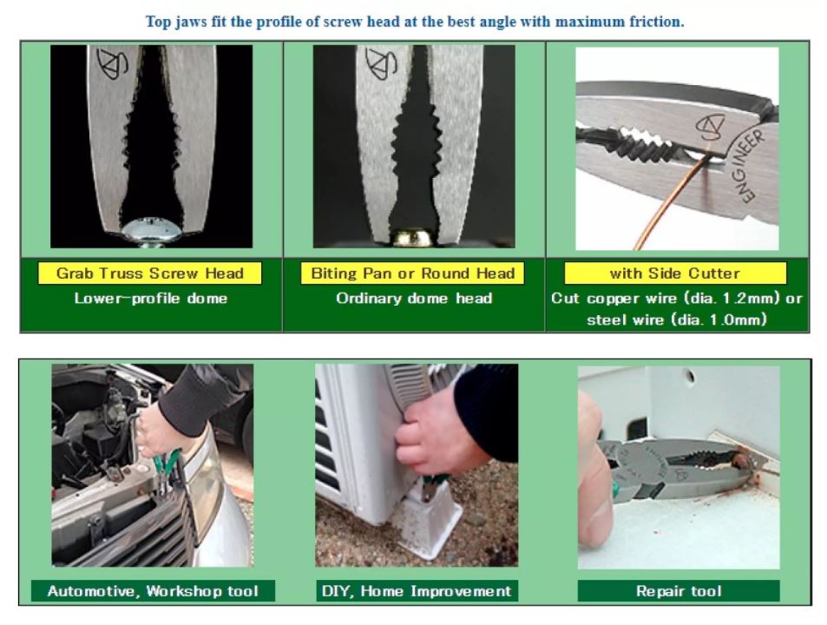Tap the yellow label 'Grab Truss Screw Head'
[x=150, y=273]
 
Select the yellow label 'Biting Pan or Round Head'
[x=412, y=273]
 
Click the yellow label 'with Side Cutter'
[x=675, y=273]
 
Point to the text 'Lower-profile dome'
[x=151, y=299]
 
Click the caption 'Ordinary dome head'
[x=414, y=299]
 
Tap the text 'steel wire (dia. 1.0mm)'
[x=676, y=319]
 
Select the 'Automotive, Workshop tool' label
[x=153, y=591]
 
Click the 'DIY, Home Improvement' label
[x=417, y=591]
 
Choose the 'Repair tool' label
[x=679, y=591]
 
